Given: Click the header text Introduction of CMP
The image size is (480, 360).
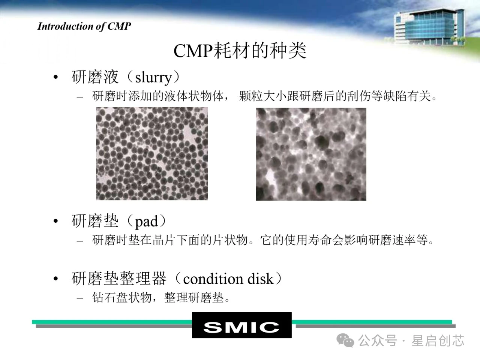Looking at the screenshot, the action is [84, 27].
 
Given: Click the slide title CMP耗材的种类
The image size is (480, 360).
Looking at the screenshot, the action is [240, 51].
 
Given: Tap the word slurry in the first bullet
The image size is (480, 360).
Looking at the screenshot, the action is [153, 78].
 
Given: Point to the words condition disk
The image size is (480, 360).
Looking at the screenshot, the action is [228, 279].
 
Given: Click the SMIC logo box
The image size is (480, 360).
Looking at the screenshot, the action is [241, 325].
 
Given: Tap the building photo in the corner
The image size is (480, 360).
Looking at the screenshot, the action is [430, 27].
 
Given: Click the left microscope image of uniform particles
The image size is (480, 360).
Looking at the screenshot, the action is [152, 153].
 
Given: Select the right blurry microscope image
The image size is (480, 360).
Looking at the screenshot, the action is [311, 154].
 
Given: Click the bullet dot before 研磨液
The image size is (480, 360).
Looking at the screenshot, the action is [56, 77].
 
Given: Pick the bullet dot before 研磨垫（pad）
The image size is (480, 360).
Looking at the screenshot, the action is [56, 221].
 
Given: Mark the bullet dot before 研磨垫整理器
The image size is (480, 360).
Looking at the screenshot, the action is [56, 279].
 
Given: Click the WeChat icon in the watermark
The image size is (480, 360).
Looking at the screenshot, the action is [345, 340].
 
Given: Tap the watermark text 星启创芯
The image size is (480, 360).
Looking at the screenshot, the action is [438, 340].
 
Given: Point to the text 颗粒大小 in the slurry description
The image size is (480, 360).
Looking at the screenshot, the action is [263, 96].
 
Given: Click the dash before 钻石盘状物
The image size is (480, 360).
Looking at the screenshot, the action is [80, 298].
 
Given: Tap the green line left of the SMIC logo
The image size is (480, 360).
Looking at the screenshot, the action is [112, 322].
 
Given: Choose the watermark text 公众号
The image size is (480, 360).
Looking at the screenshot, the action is [378, 340].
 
